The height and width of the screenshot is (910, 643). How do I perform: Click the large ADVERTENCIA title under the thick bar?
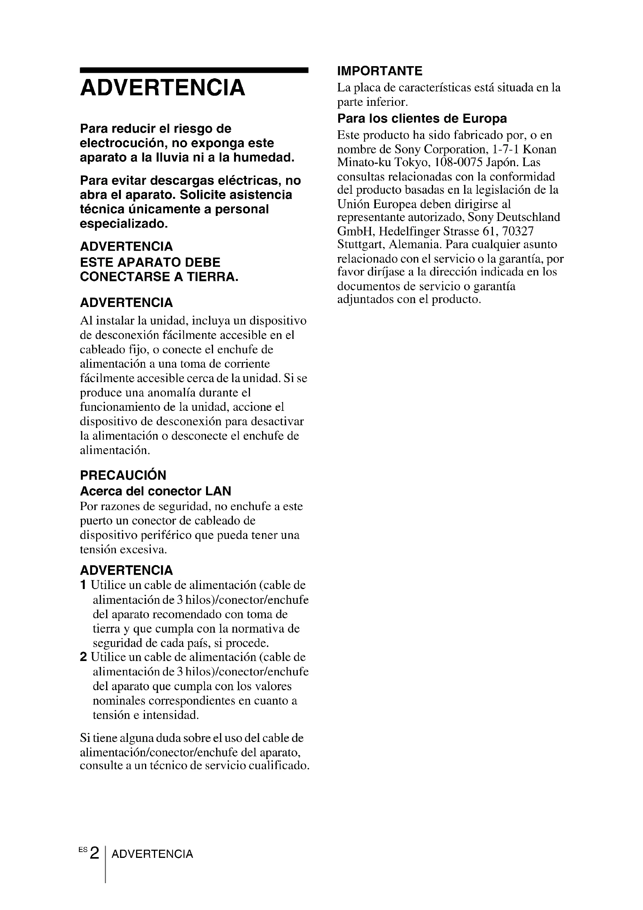[x=162, y=88]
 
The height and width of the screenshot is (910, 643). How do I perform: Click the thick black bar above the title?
[x=194, y=70]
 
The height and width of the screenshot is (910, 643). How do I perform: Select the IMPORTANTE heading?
[x=380, y=71]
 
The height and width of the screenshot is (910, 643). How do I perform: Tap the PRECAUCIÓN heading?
[x=123, y=475]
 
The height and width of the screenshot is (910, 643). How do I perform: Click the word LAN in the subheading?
[x=218, y=491]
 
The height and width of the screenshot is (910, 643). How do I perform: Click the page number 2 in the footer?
[x=94, y=853]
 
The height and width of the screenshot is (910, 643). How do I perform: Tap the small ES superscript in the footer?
[x=82, y=849]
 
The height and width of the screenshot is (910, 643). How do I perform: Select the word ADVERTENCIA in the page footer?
[x=152, y=854]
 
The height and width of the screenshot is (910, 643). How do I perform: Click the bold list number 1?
[x=83, y=585]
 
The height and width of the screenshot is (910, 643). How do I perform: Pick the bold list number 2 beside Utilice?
[x=83, y=657]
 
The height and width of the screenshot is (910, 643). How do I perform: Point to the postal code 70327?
[x=518, y=231]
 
